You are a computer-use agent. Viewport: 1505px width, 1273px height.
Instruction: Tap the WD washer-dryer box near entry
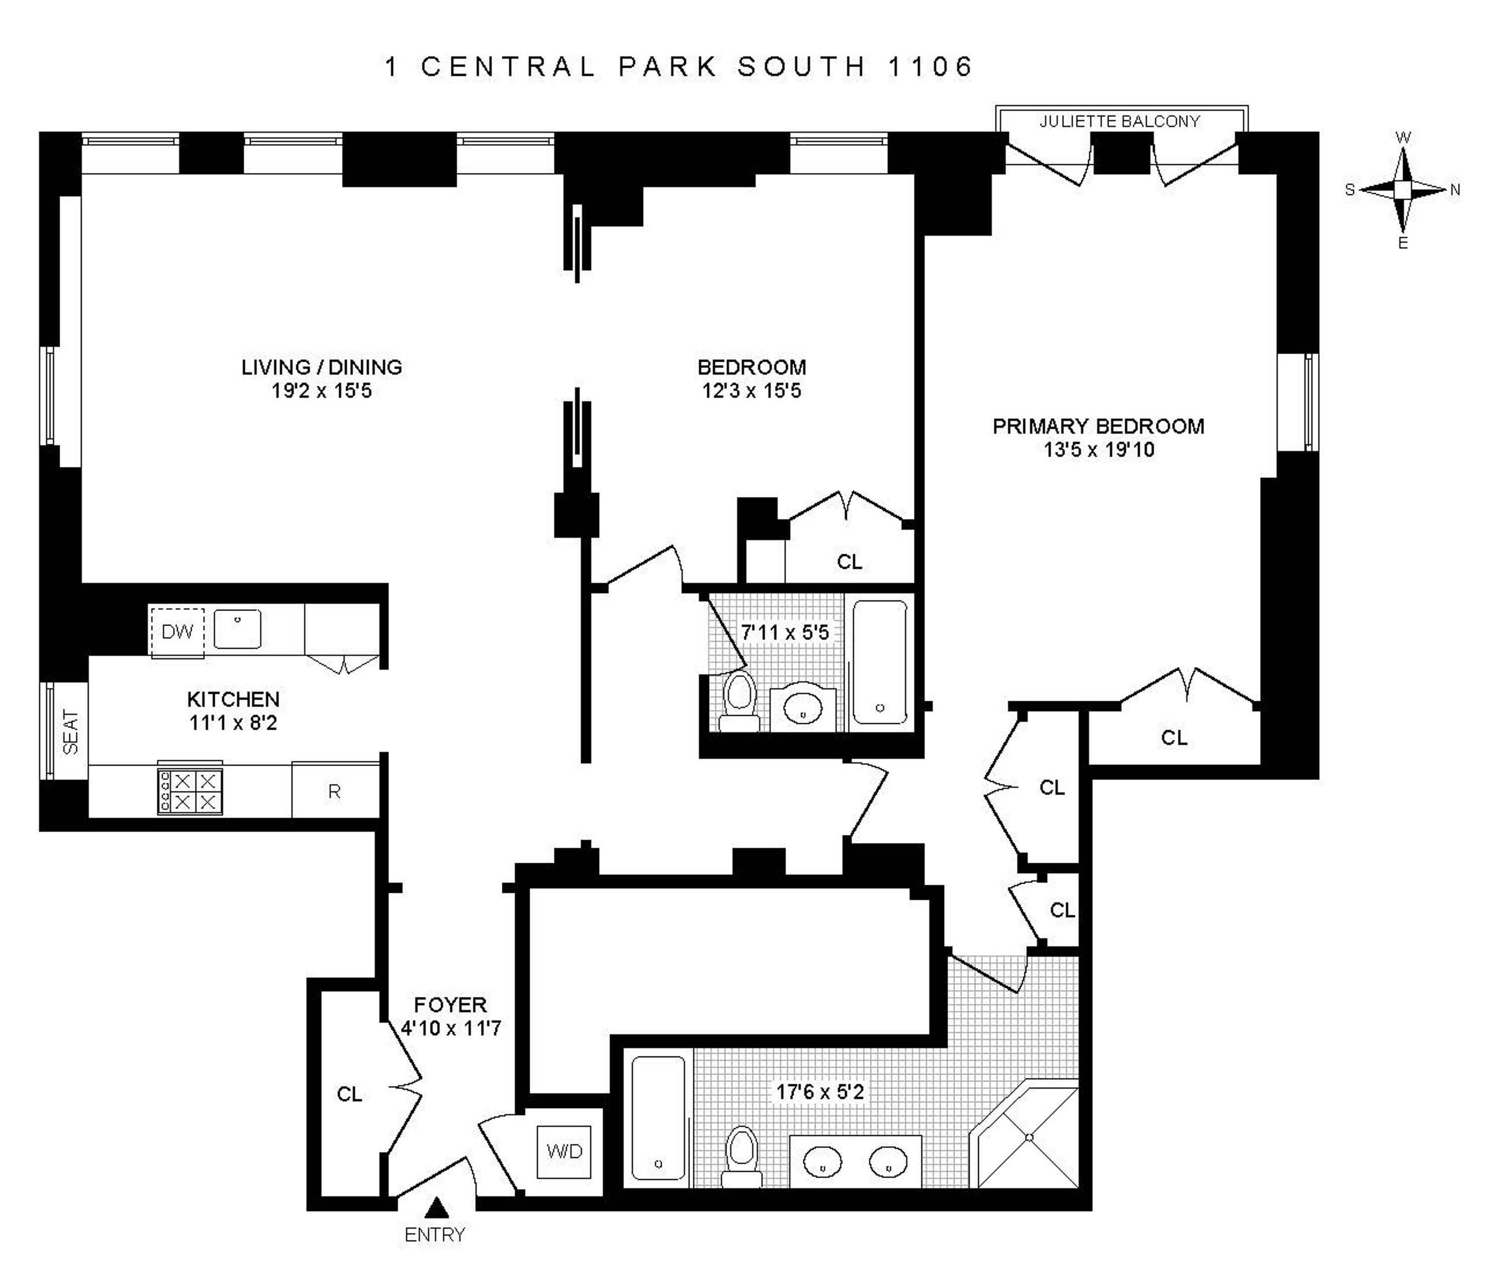coord(564,1151)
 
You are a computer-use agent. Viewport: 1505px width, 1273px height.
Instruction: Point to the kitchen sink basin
coord(237,628)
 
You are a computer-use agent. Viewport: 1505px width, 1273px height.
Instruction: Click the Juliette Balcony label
coord(1120,121)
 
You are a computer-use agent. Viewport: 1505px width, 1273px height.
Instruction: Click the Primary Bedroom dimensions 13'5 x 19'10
coord(1099,449)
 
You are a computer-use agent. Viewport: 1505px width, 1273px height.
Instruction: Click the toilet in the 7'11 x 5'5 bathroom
coord(739,701)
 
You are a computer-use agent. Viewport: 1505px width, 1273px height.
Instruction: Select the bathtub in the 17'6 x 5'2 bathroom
coord(658,1118)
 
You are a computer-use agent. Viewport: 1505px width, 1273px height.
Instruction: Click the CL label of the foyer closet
coord(349,1094)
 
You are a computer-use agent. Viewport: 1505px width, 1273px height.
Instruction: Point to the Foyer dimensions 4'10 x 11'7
coord(451,1028)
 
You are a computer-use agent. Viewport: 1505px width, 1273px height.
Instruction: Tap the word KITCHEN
coord(233,699)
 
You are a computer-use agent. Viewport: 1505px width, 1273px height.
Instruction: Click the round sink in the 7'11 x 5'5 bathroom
coord(803,708)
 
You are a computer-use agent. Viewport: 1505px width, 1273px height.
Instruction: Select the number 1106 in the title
coord(931,66)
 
